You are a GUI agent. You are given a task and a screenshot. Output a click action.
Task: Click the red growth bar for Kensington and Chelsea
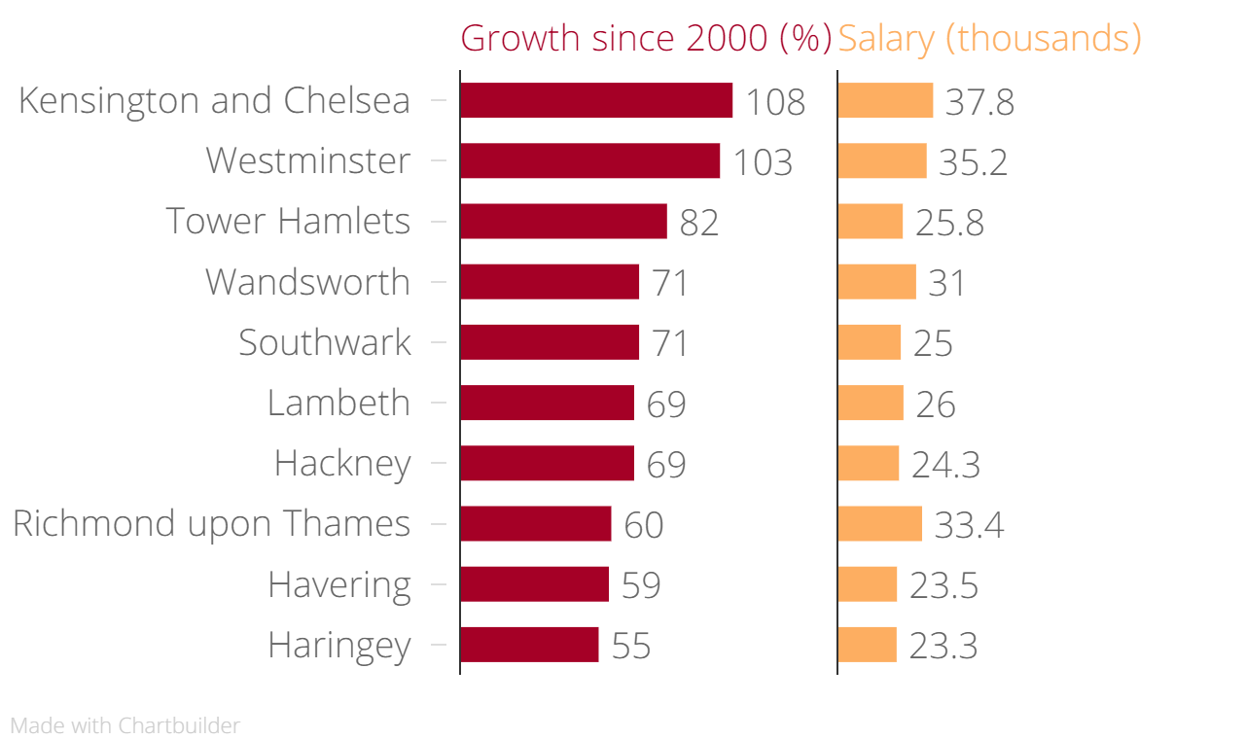tap(595, 100)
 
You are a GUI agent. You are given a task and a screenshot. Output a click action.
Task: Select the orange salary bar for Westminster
tap(881, 160)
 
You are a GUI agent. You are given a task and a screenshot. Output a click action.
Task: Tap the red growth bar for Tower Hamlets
tap(563, 221)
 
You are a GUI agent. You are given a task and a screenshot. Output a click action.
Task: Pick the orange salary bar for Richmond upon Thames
tap(879, 523)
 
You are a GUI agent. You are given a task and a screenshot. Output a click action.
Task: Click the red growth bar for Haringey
tap(529, 645)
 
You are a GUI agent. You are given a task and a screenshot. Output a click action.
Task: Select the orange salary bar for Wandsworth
tap(876, 282)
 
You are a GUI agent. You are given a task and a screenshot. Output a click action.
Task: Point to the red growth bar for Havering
tap(534, 584)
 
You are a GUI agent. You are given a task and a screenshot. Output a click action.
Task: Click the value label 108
tap(775, 102)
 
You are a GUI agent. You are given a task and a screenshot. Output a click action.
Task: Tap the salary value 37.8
tap(979, 102)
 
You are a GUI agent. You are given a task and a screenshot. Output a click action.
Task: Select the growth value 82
tap(699, 223)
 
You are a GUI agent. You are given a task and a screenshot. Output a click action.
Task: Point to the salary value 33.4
tap(969, 525)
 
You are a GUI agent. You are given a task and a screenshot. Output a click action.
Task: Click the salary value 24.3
tap(945, 465)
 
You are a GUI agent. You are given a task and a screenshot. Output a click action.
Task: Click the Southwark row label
tap(325, 342)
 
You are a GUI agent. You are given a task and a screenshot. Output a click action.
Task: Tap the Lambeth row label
tap(338, 403)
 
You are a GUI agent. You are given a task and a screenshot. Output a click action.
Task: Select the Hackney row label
tap(342, 464)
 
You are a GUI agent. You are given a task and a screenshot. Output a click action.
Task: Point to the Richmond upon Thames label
tap(211, 524)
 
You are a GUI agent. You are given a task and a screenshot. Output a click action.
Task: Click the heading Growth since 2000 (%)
tap(646, 38)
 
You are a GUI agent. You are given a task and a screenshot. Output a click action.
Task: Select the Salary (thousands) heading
tap(989, 38)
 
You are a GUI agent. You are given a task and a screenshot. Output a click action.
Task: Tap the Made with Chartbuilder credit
tap(124, 725)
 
